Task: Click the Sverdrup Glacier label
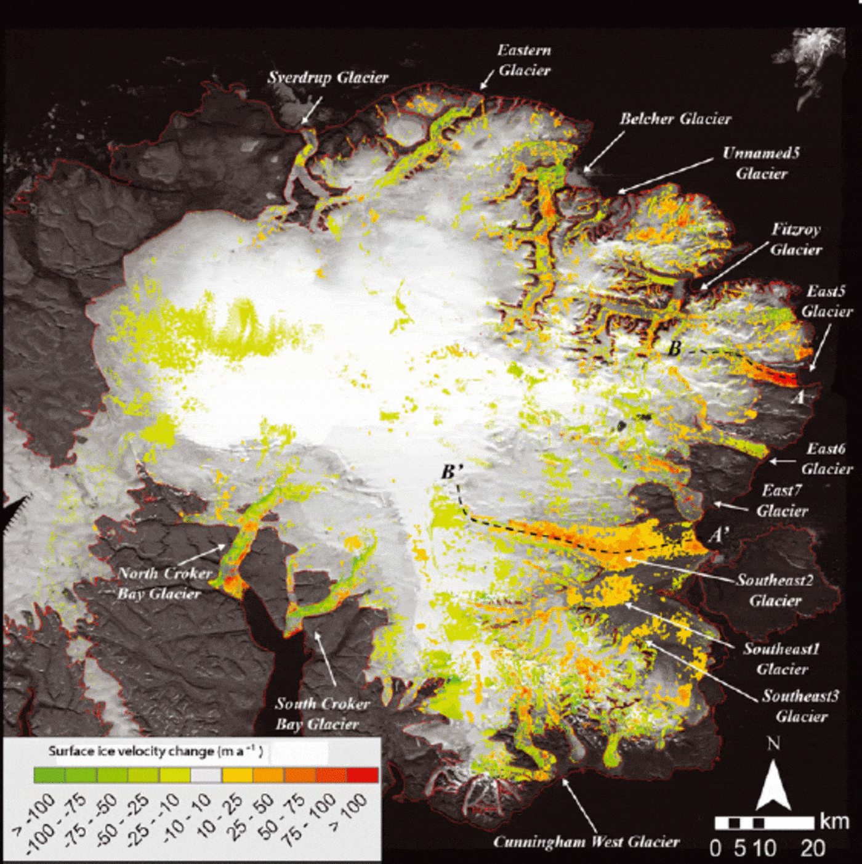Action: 328,78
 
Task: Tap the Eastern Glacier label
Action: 524,60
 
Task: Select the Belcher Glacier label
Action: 675,119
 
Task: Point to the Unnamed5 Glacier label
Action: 761,163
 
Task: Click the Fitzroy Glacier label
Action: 796,239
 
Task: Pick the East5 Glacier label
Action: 826,301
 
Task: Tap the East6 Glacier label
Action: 826,458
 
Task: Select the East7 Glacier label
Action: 782,500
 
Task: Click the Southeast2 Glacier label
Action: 775,590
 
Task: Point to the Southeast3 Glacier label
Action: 800,706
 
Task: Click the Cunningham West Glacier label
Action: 586,842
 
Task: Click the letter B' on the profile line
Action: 451,472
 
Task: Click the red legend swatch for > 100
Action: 363,775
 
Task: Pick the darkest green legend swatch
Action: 49,775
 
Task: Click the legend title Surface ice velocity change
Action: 155,751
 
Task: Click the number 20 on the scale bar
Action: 813,849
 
